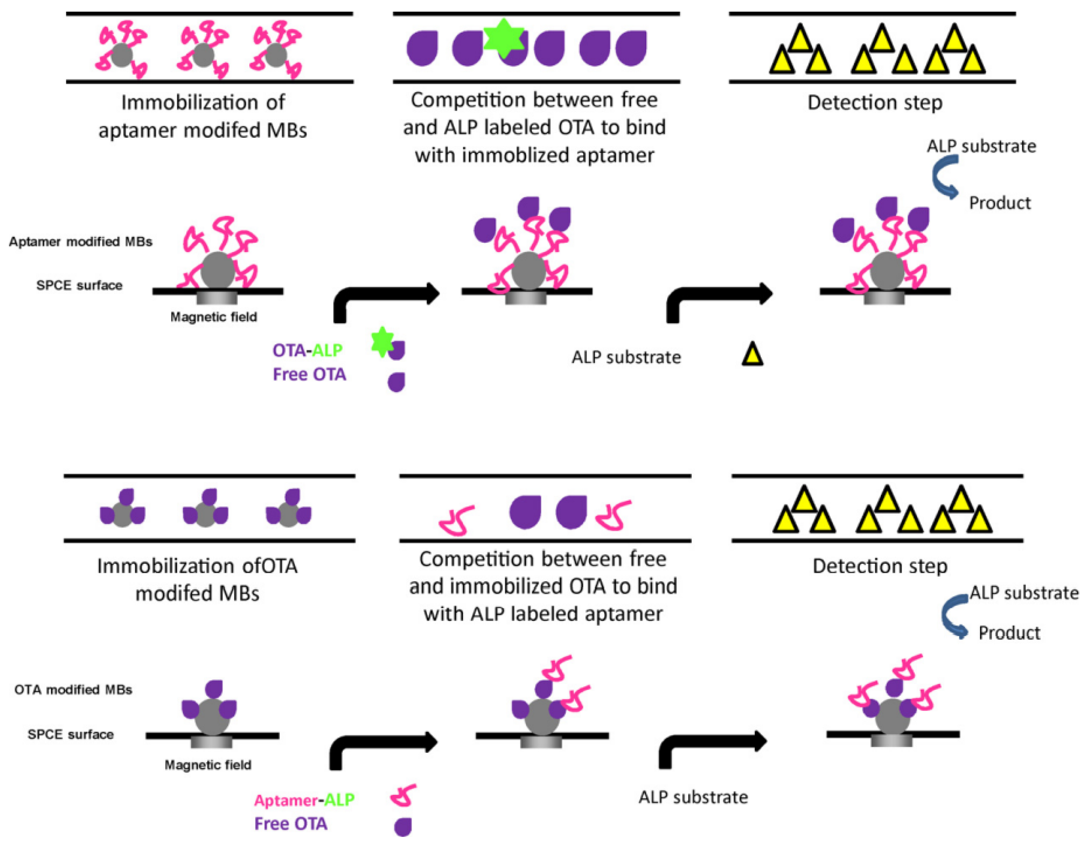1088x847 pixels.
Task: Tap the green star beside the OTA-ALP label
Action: point(382,342)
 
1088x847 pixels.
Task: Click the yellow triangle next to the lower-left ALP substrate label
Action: point(752,355)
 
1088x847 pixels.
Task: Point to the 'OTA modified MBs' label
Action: point(73,689)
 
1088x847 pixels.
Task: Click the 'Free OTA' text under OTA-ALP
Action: point(309,374)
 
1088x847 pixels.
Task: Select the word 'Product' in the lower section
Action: point(1009,633)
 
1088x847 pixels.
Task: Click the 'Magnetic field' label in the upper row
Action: point(214,317)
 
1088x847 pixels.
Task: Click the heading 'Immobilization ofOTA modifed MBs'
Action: point(197,580)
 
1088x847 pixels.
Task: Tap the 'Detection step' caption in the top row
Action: point(875,103)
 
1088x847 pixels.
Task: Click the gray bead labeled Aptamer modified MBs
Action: point(218,270)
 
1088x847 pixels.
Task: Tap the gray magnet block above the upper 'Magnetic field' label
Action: point(217,298)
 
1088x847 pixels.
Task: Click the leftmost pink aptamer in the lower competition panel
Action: point(456,520)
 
